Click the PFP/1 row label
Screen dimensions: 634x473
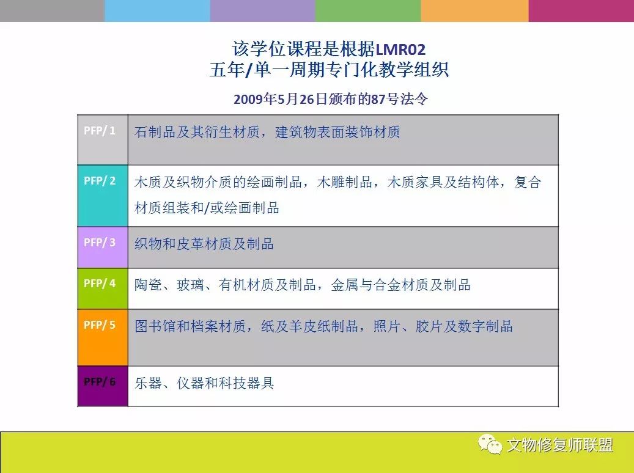(100, 131)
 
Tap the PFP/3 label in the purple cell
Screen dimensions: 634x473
(100, 242)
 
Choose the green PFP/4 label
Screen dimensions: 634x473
(100, 284)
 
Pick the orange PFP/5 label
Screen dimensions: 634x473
(100, 324)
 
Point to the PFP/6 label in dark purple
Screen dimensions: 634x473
(100, 381)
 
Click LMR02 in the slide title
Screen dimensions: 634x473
(400, 50)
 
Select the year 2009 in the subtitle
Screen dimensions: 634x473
(248, 99)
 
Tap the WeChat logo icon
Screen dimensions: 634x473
(490, 444)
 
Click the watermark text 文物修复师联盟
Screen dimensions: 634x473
(560, 445)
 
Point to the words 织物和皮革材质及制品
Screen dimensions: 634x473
(204, 244)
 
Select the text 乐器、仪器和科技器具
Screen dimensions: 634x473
(204, 383)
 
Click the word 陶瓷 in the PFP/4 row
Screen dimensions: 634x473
(148, 285)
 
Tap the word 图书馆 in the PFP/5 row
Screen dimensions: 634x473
(155, 326)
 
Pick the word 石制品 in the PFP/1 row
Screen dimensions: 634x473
(155, 132)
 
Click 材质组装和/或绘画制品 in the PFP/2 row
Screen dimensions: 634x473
(207, 208)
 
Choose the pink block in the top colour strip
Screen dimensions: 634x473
(581, 10)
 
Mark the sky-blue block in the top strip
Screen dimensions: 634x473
(157, 10)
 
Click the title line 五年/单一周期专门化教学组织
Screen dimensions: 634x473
(329, 70)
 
